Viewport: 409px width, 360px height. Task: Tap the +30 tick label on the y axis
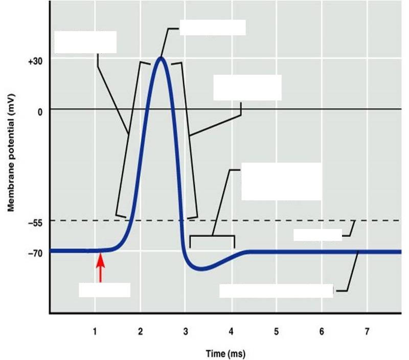[35, 61]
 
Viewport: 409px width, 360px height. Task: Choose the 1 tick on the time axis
[95, 332]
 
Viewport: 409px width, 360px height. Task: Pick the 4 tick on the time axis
[231, 332]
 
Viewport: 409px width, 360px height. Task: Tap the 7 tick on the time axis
[367, 332]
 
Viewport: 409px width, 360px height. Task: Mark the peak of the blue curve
[161, 57]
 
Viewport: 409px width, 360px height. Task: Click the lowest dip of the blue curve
[202, 268]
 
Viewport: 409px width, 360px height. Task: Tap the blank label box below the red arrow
[104, 290]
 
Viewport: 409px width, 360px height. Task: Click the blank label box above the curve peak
[212, 28]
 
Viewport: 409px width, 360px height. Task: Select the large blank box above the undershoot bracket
[281, 182]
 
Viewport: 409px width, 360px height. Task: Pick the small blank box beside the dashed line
[317, 234]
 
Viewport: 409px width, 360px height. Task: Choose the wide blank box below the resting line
[276, 290]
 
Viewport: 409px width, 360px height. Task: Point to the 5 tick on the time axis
[276, 332]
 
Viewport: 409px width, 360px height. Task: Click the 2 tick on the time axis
[140, 332]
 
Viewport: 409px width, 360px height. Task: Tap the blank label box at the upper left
[85, 42]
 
